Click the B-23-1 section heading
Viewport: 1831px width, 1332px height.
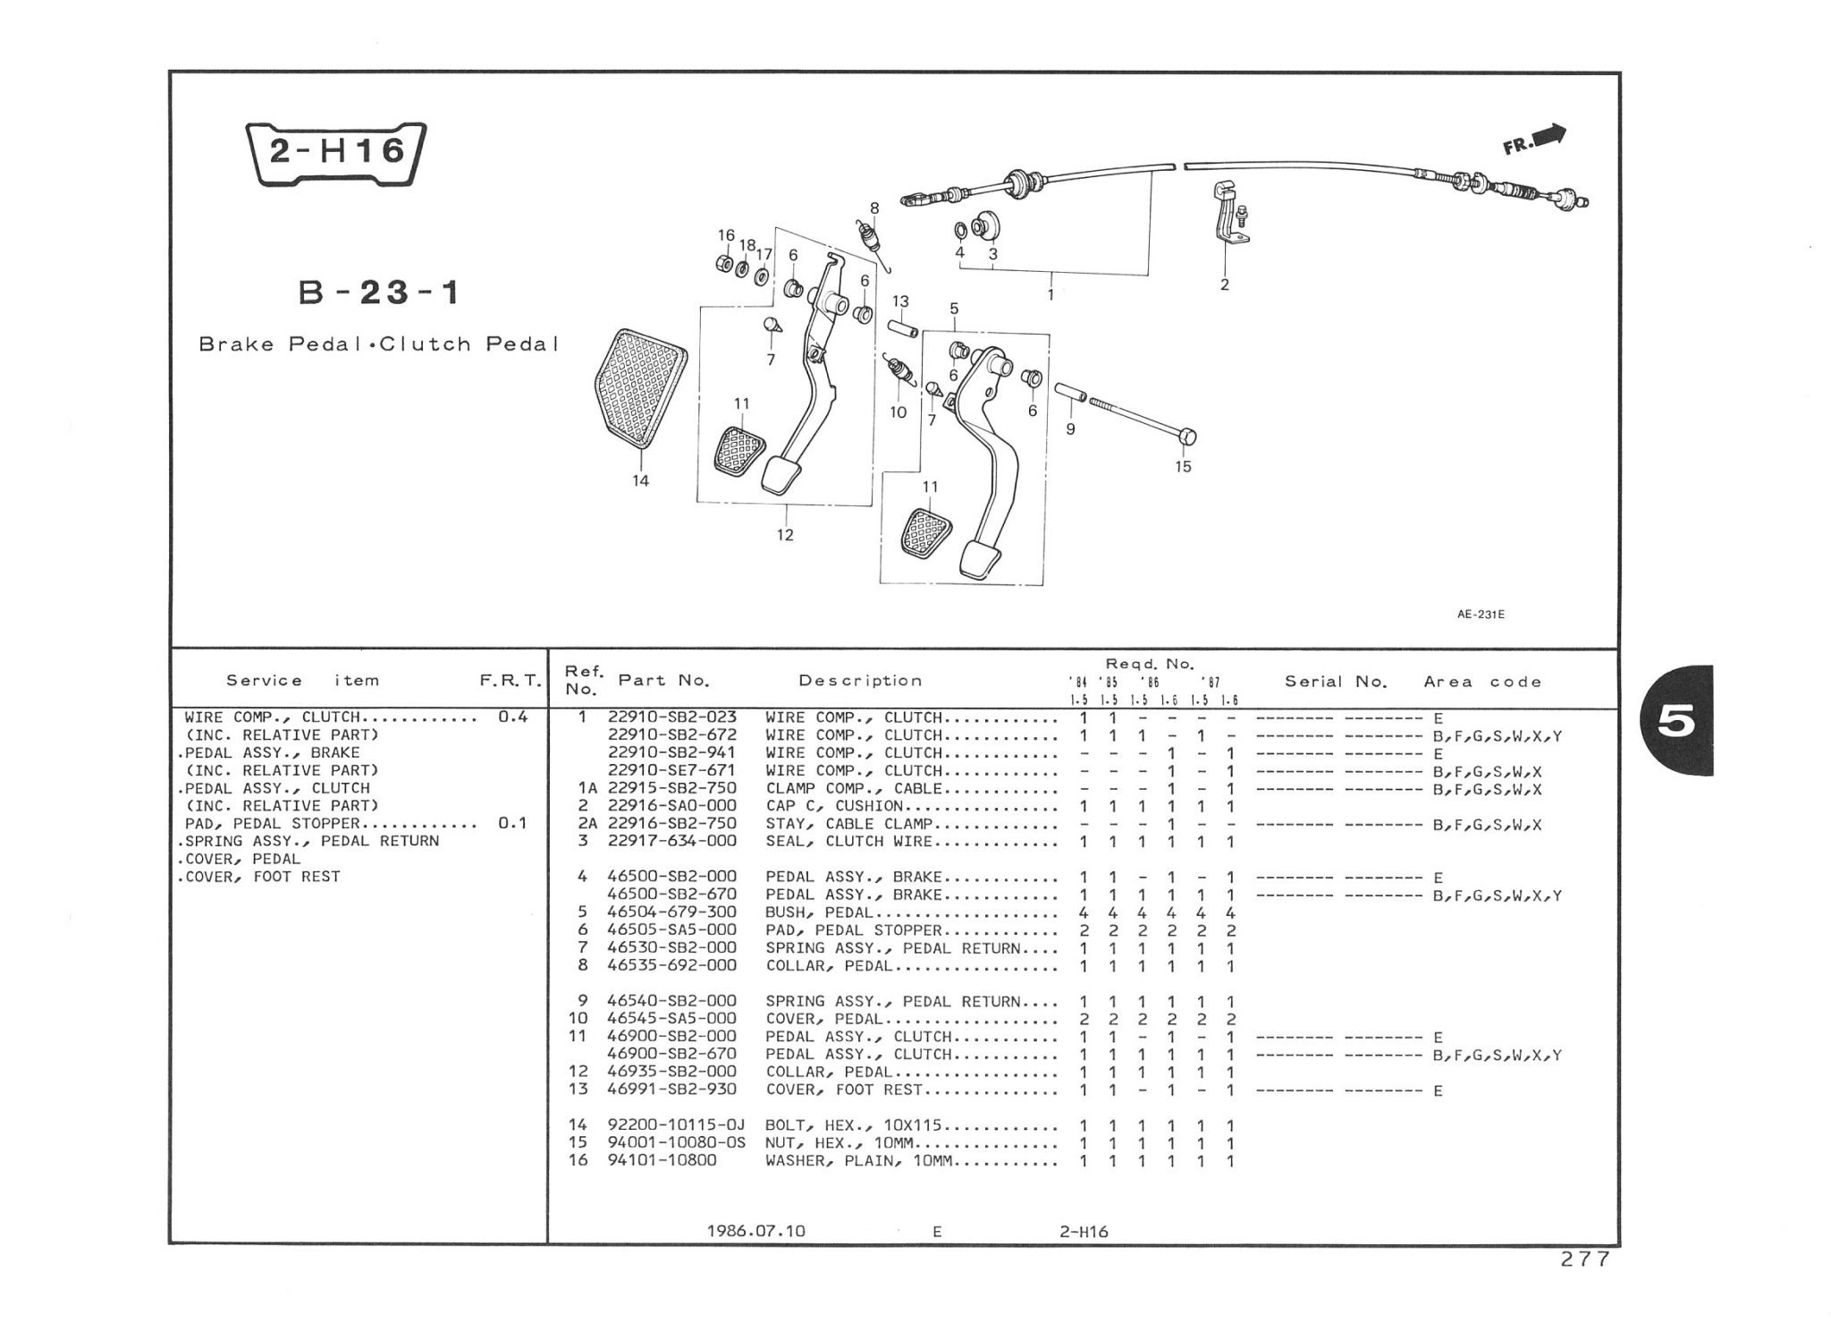pos(379,293)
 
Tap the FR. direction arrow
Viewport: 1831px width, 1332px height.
pos(1534,140)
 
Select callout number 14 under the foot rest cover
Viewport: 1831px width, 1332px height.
pos(640,481)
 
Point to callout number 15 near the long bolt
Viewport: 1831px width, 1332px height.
pos(1183,467)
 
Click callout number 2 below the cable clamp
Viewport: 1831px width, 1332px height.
pos(1224,285)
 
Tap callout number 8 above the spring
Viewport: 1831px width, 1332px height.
pos(874,208)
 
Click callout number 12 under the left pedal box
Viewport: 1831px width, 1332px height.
pos(784,535)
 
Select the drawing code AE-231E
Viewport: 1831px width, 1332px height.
pos(1481,615)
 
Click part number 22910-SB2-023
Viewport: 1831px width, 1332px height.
pos(672,717)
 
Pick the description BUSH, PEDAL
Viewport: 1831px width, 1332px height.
pos(819,912)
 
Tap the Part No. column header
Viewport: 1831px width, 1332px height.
pos(663,681)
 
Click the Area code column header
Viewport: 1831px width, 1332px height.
pos(1482,682)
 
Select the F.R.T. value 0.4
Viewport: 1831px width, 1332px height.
pos(512,717)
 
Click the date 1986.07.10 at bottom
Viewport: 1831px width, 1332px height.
pos(755,1231)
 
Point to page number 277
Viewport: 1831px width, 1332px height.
pos(1584,1260)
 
